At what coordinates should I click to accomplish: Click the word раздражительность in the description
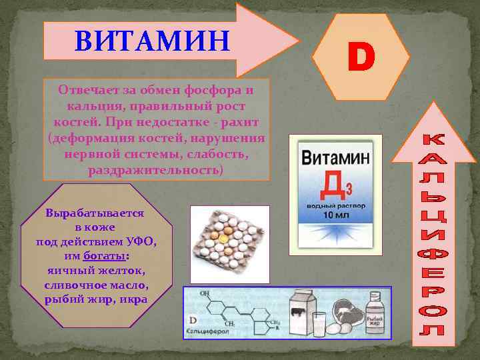click(157, 170)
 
